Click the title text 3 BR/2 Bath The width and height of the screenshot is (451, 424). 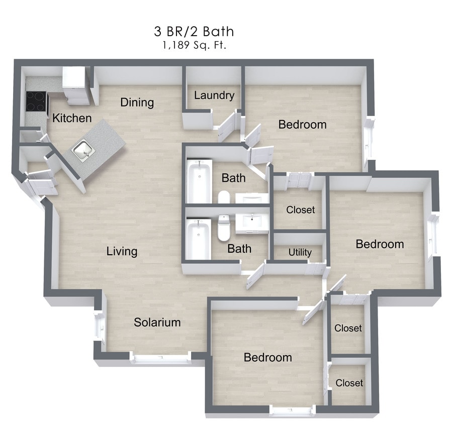click(x=194, y=32)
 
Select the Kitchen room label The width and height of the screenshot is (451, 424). click(x=72, y=118)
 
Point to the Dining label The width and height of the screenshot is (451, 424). click(x=137, y=102)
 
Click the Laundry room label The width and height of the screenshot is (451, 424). click(x=214, y=95)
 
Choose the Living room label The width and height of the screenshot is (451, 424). click(x=122, y=251)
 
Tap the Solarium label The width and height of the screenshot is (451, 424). click(x=157, y=323)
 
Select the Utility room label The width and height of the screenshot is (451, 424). click(x=300, y=252)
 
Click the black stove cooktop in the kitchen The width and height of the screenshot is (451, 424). click(x=36, y=101)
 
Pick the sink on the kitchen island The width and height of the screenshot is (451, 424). click(x=81, y=149)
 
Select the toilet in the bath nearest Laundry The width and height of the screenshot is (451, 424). click(x=224, y=196)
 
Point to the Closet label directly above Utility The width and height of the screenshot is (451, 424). click(x=300, y=209)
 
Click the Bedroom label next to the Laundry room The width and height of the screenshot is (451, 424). click(x=302, y=124)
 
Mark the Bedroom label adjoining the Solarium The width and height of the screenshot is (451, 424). click(x=267, y=357)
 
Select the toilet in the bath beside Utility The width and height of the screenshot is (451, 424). click(x=224, y=229)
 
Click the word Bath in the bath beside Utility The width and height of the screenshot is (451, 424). click(x=239, y=248)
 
